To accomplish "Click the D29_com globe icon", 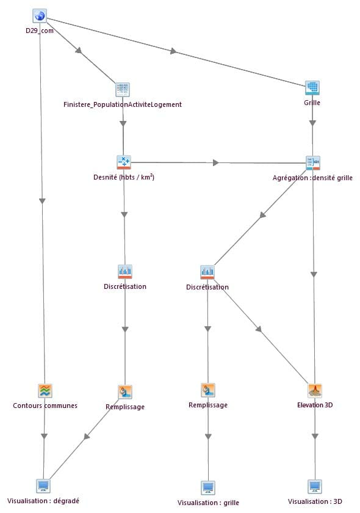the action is (40, 16).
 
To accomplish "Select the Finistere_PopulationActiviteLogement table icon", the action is (123, 89).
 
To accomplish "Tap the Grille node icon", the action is (312, 88).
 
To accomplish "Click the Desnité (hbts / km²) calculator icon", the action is (124, 162).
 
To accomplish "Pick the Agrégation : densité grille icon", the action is (313, 162).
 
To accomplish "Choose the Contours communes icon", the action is (45, 390).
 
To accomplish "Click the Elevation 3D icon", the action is (315, 390).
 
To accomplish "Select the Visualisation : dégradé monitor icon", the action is (43, 486).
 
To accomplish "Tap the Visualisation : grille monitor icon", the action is (208, 487).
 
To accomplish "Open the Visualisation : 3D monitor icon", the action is (315, 487).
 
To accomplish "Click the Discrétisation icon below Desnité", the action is (125, 272).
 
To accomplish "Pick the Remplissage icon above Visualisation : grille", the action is (208, 390).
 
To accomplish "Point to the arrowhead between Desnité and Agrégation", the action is (215, 162).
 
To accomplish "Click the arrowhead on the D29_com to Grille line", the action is (173, 51).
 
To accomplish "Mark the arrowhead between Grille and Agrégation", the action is (312, 123).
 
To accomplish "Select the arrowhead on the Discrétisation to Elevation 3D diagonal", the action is (259, 329).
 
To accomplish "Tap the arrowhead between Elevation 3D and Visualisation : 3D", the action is (315, 436).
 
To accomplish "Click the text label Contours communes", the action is (45, 406).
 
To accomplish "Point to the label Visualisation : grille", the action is (208, 503).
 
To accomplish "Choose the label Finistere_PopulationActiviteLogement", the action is (123, 104).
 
